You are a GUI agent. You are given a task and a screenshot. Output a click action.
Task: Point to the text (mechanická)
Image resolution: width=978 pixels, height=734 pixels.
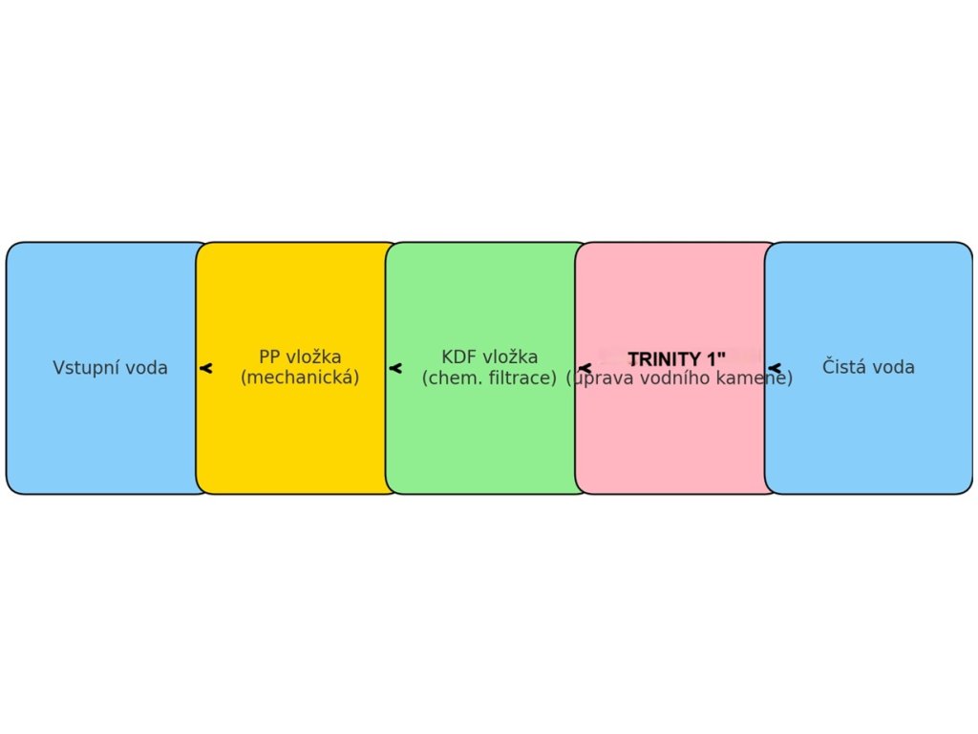(x=300, y=378)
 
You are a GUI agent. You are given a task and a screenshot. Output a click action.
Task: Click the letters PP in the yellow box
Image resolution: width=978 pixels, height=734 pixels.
(x=270, y=357)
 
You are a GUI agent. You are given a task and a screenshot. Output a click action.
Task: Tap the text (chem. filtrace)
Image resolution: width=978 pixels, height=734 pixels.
(x=489, y=378)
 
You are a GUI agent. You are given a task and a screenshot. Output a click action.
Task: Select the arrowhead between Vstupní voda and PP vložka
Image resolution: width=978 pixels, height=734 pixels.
(x=205, y=368)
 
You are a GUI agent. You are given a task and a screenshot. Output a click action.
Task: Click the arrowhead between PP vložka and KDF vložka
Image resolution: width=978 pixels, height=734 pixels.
(x=394, y=368)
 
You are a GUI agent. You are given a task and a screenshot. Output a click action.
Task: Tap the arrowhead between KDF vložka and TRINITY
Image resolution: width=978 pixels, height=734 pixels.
(x=585, y=368)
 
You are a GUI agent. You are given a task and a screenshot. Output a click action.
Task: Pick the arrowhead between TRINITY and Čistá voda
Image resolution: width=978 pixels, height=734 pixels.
(x=775, y=368)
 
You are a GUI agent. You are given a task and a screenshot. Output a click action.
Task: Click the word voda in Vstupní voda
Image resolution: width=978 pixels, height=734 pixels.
(x=148, y=368)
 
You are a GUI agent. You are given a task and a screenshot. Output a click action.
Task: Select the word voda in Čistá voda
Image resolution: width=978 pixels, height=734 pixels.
(x=895, y=367)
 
